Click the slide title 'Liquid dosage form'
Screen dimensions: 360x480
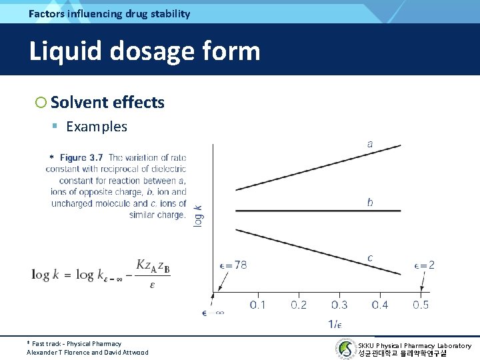144,51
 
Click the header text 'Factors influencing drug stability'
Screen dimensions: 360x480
109,13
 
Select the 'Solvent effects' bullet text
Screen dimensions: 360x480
107,102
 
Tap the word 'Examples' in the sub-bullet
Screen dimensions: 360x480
97,127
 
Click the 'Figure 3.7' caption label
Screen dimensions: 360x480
81,158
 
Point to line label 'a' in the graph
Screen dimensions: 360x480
370,143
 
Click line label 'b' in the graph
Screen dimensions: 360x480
370,202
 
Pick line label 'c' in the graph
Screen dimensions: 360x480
370,258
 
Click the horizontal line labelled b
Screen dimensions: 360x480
313,211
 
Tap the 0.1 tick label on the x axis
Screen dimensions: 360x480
257,305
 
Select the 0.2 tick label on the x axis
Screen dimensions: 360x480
298,305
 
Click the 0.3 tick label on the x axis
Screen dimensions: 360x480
339,305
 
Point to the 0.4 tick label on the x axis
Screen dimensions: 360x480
380,305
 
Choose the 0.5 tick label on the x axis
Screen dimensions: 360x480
421,305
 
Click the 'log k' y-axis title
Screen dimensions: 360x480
199,215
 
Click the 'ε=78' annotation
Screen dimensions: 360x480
233,265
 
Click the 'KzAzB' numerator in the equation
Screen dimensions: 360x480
153,266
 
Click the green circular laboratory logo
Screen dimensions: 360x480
345,349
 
